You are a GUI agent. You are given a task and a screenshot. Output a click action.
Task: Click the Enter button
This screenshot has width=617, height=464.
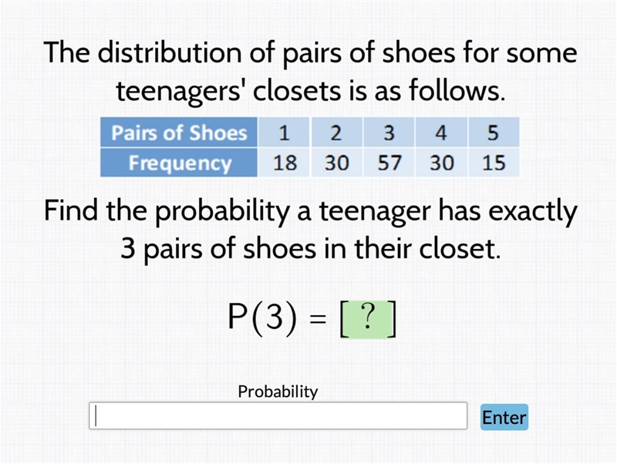coord(504,417)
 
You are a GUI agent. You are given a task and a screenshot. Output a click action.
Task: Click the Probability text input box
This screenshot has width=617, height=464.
coord(278,415)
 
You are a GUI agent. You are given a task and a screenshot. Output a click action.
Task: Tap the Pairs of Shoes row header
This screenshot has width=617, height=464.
coord(179,133)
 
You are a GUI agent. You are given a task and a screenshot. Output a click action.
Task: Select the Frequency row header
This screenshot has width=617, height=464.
coord(179,163)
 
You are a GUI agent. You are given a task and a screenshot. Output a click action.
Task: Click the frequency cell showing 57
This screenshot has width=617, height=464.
coord(389,163)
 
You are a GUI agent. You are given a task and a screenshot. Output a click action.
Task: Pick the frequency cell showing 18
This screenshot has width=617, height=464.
coord(284,163)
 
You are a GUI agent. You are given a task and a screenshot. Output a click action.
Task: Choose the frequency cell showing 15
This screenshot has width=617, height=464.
coord(494,163)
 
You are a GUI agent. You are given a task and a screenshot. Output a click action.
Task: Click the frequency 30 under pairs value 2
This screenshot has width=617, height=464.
coord(336,163)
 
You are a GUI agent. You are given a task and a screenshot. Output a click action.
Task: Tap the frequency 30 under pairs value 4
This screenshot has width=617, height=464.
coord(441,163)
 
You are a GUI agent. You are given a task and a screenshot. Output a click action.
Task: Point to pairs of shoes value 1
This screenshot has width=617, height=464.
coord(284,133)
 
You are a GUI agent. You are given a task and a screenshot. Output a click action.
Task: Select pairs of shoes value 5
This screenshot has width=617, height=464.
coord(494,133)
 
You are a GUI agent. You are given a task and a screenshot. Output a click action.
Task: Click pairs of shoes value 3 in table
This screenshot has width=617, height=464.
coord(389,133)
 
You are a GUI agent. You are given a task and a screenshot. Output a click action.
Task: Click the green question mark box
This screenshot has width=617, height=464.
coord(368,319)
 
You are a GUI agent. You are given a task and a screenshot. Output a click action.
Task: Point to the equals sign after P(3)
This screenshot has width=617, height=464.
coord(318,319)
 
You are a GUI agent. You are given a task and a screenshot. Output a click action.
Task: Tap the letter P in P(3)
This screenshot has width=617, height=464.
coord(238,317)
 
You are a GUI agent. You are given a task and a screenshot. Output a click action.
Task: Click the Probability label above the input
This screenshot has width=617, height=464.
coord(278,392)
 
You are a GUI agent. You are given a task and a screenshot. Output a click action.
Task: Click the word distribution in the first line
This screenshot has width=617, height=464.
coord(169,52)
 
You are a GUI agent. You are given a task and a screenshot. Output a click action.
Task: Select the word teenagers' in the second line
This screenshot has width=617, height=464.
coord(179,91)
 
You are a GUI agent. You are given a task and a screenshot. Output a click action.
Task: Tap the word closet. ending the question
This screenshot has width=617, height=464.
coord(460,249)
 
